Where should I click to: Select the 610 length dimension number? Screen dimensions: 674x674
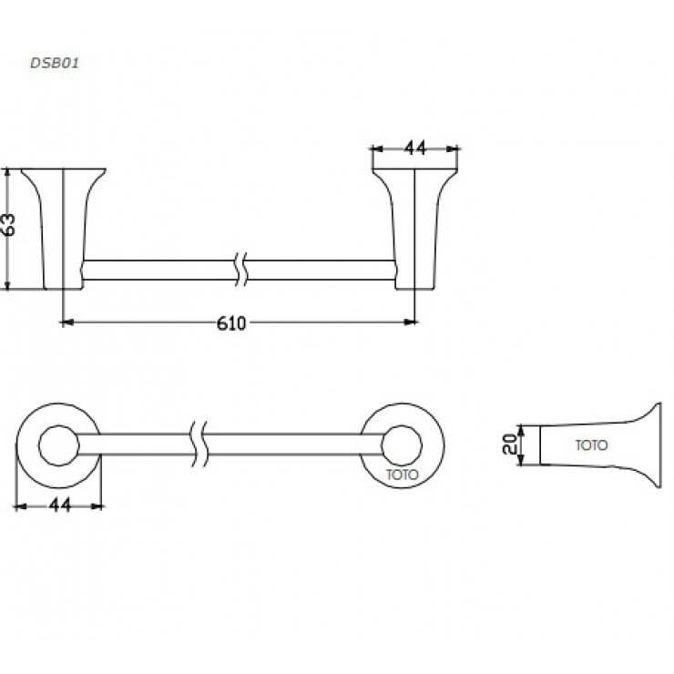click(233, 323)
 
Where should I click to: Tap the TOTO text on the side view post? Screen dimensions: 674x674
click(591, 446)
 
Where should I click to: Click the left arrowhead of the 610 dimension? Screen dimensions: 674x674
click(66, 322)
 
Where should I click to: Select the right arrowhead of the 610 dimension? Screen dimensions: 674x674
click(411, 322)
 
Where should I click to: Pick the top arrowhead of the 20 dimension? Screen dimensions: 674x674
click(521, 429)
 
